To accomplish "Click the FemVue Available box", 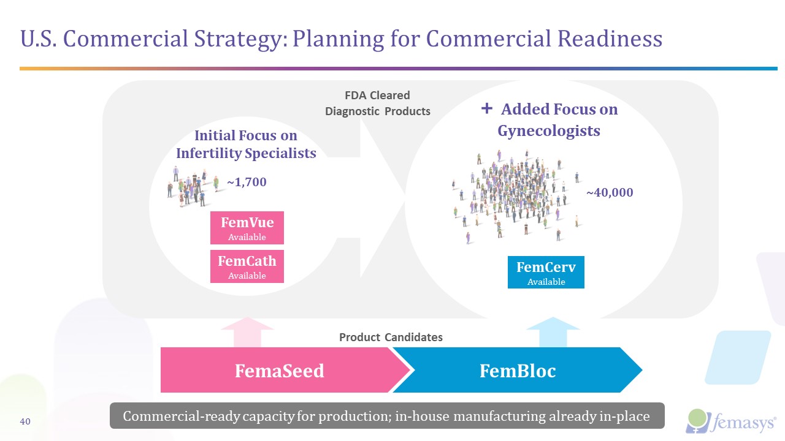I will pyautogui.click(x=247, y=228).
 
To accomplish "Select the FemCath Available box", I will pyautogui.click(x=247, y=266).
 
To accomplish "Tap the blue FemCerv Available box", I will pyautogui.click(x=546, y=273).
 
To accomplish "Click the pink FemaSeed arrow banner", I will pyautogui.click(x=279, y=370).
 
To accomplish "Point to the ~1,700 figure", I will pyautogui.click(x=247, y=183).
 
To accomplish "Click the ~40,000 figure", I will pyautogui.click(x=609, y=192).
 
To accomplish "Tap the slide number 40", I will pyautogui.click(x=26, y=421).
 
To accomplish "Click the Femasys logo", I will pyautogui.click(x=730, y=421).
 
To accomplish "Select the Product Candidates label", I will pyautogui.click(x=391, y=337).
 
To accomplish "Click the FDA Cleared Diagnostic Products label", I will pyautogui.click(x=377, y=104).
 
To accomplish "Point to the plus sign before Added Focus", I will pyautogui.click(x=487, y=108).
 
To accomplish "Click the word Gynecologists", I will pyautogui.click(x=548, y=130).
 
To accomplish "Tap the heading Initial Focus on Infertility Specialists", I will pyautogui.click(x=246, y=144).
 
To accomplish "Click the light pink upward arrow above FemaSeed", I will pyautogui.click(x=247, y=331).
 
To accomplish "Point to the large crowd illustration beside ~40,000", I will pyautogui.click(x=515, y=196).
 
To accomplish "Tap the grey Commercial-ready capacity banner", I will pyautogui.click(x=386, y=416).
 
